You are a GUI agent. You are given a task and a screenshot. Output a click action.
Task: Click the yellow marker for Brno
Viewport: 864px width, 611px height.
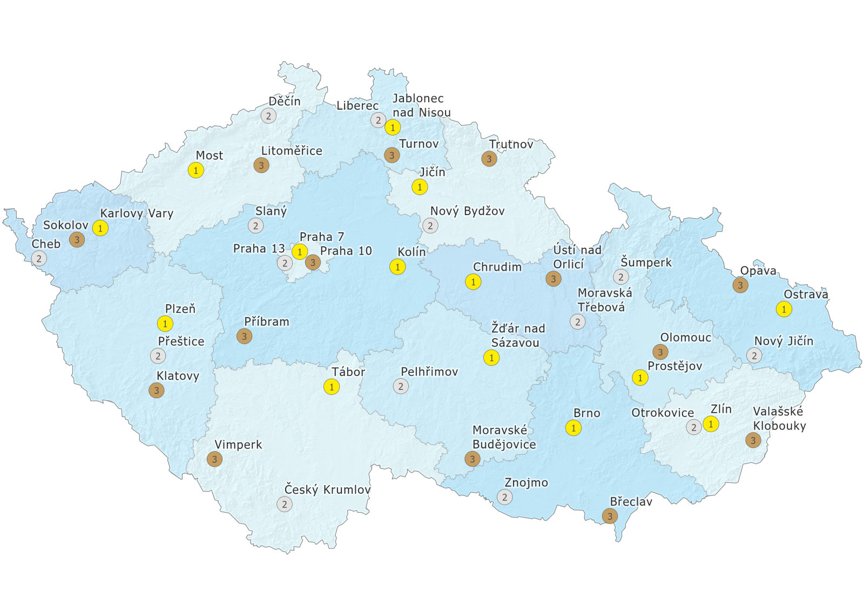tap(573, 428)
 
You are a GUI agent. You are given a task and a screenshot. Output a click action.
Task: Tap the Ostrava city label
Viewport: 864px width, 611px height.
tap(806, 294)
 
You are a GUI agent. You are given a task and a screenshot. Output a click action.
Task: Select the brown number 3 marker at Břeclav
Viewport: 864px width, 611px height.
tap(610, 516)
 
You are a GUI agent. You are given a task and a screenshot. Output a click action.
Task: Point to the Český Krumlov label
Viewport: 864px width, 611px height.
tap(327, 489)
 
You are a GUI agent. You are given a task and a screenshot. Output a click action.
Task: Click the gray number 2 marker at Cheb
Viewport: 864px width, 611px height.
tap(39, 258)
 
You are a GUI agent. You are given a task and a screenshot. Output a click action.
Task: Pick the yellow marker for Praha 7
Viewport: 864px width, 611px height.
tap(300, 251)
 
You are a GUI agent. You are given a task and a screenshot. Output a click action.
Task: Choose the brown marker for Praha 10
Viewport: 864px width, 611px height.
tap(313, 263)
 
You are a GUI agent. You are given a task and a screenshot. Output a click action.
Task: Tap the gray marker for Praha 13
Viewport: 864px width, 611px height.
tap(285, 263)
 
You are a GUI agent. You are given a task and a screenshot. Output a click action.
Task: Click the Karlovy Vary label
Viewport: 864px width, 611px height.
tap(137, 213)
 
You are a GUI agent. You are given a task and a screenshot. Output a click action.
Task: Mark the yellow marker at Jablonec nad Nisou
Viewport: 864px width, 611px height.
tap(393, 127)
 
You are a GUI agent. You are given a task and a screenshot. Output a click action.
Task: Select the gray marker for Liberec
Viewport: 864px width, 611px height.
tap(378, 120)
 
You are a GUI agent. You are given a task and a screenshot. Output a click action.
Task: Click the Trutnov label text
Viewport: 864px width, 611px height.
tap(511, 144)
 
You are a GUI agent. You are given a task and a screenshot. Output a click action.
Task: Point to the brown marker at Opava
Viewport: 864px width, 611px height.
tap(740, 285)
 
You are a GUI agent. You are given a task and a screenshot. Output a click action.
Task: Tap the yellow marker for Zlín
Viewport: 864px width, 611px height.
tap(711, 424)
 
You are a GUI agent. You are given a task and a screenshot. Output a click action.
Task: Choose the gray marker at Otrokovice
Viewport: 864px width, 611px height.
tap(694, 427)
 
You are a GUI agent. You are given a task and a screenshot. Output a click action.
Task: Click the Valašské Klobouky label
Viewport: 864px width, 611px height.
tap(779, 419)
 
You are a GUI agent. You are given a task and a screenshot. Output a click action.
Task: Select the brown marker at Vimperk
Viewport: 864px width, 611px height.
tap(214, 459)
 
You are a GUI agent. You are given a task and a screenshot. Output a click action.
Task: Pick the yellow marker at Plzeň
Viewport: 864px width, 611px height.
tap(165, 324)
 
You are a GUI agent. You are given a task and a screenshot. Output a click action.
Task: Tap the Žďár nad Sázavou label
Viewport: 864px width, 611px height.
tap(517, 335)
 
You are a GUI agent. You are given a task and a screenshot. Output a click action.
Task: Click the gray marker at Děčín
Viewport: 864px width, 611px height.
tap(268, 115)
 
